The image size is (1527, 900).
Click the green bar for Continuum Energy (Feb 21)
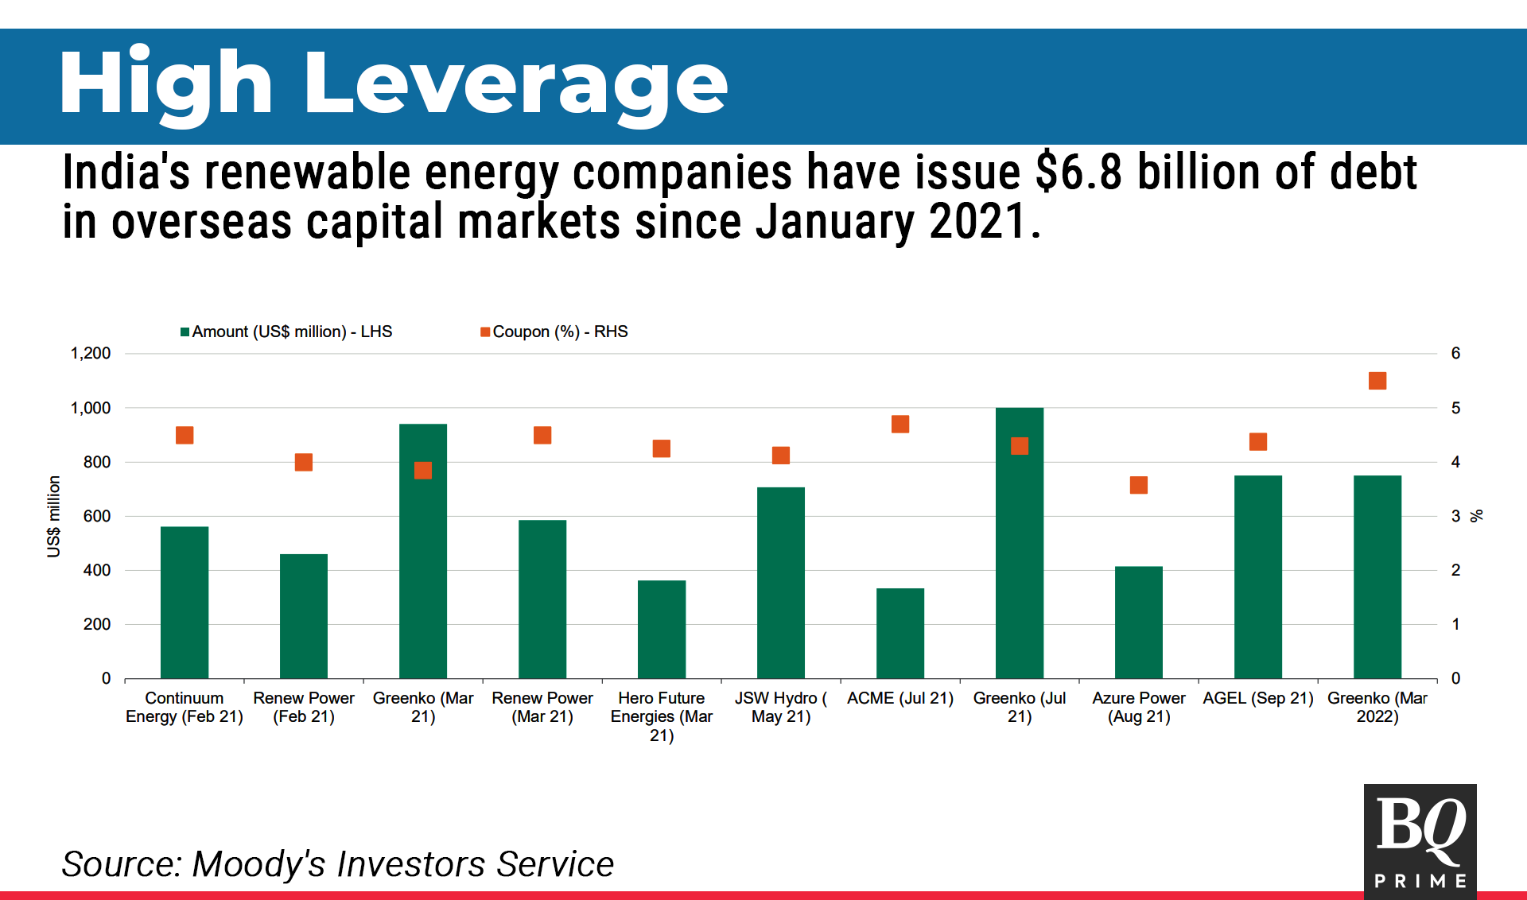pos(185,602)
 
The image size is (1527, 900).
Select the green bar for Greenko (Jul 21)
pos(1020,543)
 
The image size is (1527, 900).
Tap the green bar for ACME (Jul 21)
pos(900,633)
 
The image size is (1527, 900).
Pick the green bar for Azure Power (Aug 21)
pos(1139,622)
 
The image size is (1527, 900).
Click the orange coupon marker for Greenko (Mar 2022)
pos(1377,381)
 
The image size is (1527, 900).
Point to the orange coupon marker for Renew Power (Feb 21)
pos(304,462)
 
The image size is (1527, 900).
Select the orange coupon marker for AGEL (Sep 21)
pos(1258,441)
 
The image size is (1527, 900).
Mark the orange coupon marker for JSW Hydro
pos(781,456)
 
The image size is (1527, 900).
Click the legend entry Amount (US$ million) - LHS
pos(286,332)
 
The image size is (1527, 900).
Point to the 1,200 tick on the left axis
pos(91,353)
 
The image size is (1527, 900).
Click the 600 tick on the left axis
pos(97,516)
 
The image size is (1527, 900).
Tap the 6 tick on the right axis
pos(1455,353)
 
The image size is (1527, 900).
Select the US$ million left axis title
pos(53,516)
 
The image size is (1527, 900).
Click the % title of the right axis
pos(1477,516)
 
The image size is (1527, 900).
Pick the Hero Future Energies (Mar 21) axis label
pos(662,716)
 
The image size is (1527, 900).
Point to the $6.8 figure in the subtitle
pos(1078,173)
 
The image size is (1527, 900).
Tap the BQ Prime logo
pos(1420,841)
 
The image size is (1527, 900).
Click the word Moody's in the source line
pos(258,864)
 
